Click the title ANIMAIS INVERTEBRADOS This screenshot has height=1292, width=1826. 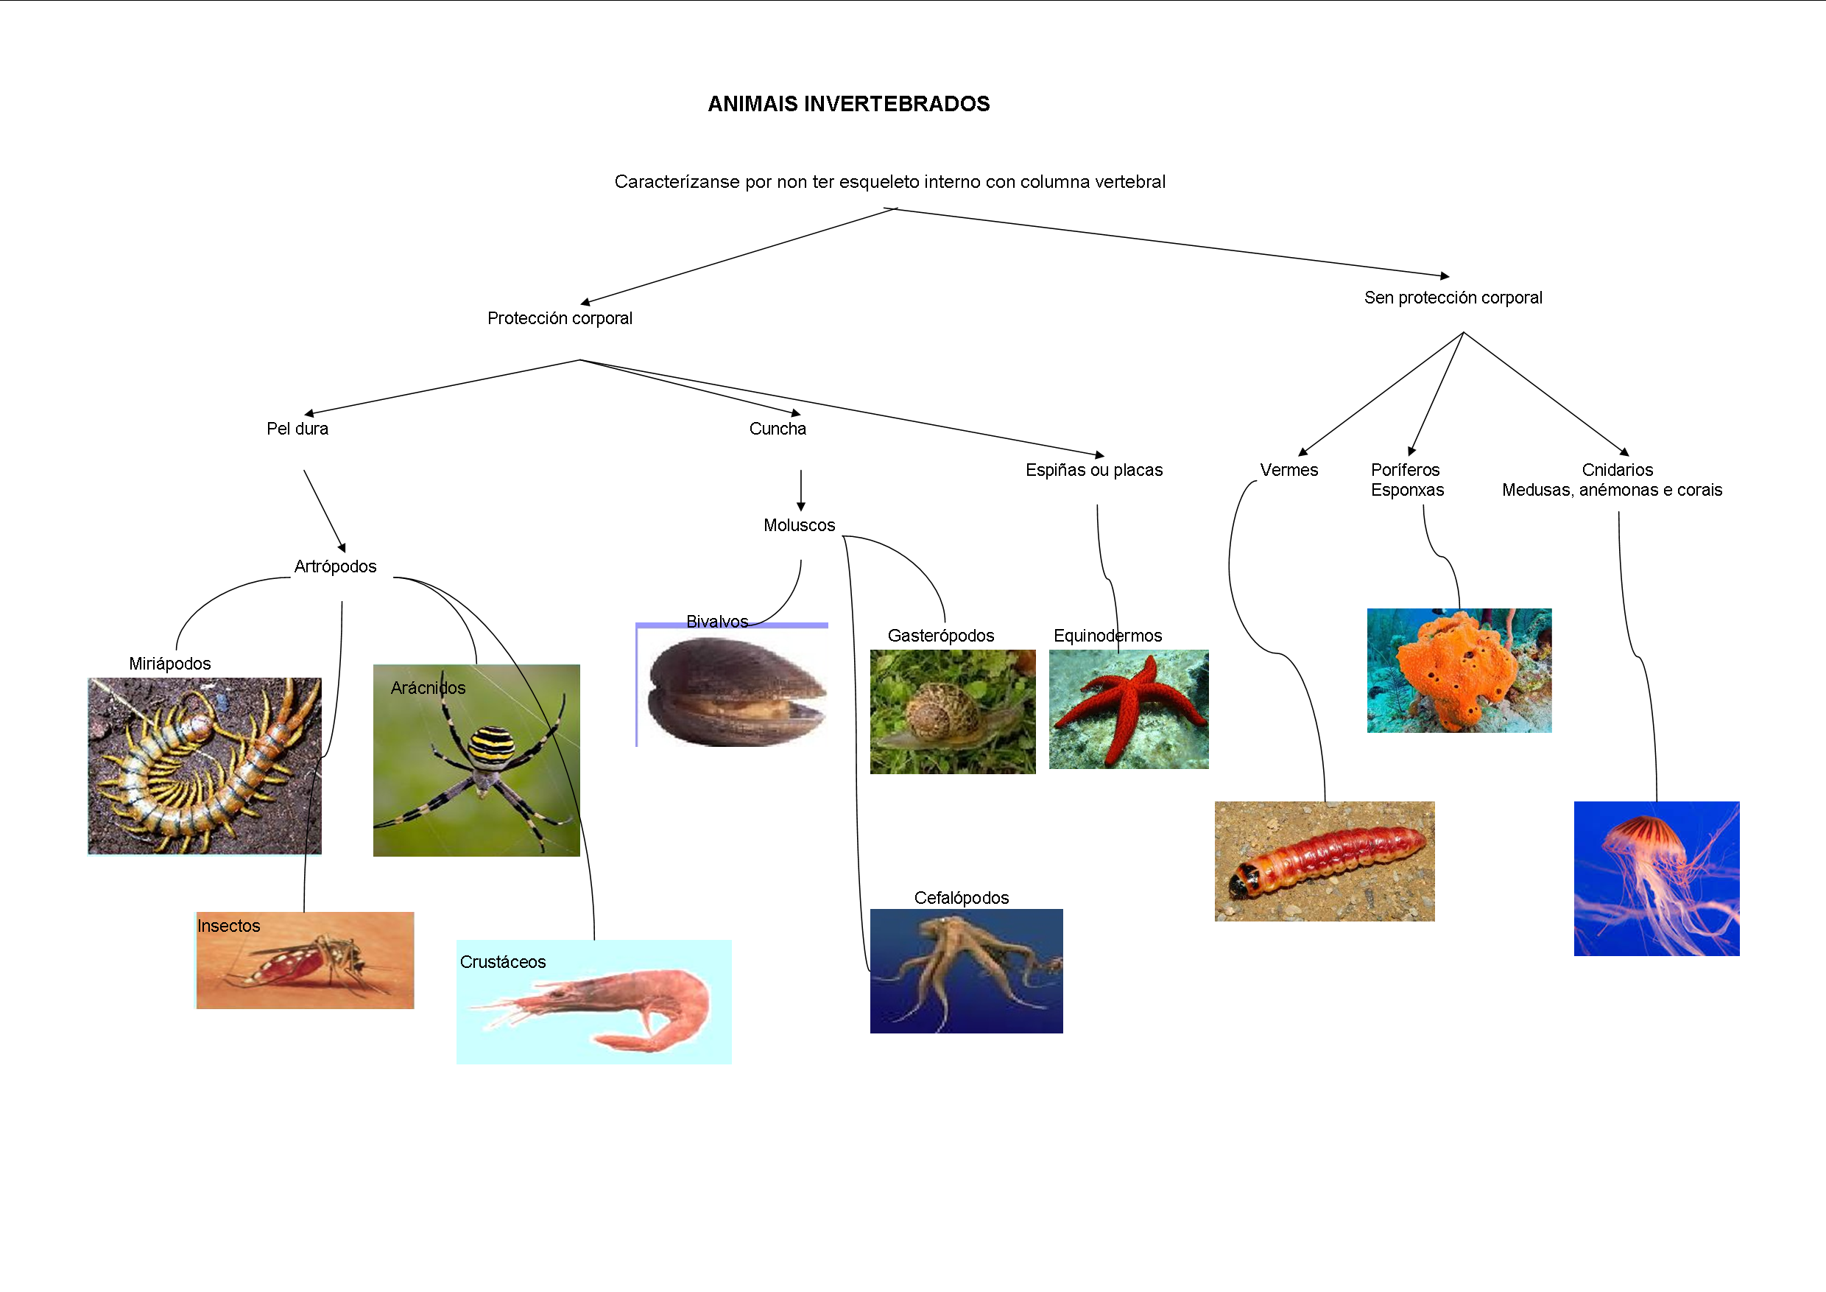(849, 104)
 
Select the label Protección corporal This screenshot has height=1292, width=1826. (560, 318)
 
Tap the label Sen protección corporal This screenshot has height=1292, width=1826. (1453, 298)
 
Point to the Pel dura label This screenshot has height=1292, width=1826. (297, 429)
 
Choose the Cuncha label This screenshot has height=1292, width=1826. (778, 429)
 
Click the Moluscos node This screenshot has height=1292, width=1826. (800, 525)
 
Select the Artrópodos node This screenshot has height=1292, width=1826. (335, 566)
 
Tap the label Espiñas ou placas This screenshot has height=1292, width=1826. (1093, 470)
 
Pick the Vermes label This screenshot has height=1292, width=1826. (1289, 470)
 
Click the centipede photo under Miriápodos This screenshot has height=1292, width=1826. (205, 765)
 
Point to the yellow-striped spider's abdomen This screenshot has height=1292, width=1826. (490, 744)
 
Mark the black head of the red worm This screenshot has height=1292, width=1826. (1241, 882)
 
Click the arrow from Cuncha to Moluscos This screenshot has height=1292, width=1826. (801, 489)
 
